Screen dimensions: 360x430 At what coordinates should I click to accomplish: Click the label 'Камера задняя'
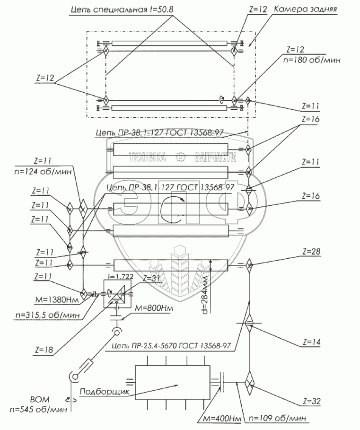305,9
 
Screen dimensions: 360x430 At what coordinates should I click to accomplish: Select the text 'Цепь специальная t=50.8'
122,10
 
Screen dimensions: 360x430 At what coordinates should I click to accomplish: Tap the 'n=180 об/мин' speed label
311,60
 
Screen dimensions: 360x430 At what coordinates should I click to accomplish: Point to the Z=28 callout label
311,252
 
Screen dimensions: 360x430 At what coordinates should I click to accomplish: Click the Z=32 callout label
312,401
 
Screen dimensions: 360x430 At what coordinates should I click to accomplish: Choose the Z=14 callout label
311,342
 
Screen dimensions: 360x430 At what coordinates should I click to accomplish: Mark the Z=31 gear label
152,279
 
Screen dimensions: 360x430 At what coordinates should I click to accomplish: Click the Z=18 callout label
44,350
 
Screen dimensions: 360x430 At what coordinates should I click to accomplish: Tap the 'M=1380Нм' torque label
57,300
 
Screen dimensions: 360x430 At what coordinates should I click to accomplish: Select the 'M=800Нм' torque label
154,308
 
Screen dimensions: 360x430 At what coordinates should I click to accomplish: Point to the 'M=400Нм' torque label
222,419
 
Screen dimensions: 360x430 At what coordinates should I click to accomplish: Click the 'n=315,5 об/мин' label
48,315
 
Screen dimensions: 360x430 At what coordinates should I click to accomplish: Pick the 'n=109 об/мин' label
277,418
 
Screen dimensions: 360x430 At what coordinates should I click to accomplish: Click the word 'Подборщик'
104,391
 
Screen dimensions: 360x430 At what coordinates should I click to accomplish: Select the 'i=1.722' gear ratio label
121,276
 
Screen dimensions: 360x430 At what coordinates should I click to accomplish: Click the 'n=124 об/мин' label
43,171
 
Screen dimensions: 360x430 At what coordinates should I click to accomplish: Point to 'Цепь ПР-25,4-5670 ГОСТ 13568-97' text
171,346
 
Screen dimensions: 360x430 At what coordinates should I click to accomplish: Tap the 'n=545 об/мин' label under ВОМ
38,410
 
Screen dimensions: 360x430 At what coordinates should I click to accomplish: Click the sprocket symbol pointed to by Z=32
249,384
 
